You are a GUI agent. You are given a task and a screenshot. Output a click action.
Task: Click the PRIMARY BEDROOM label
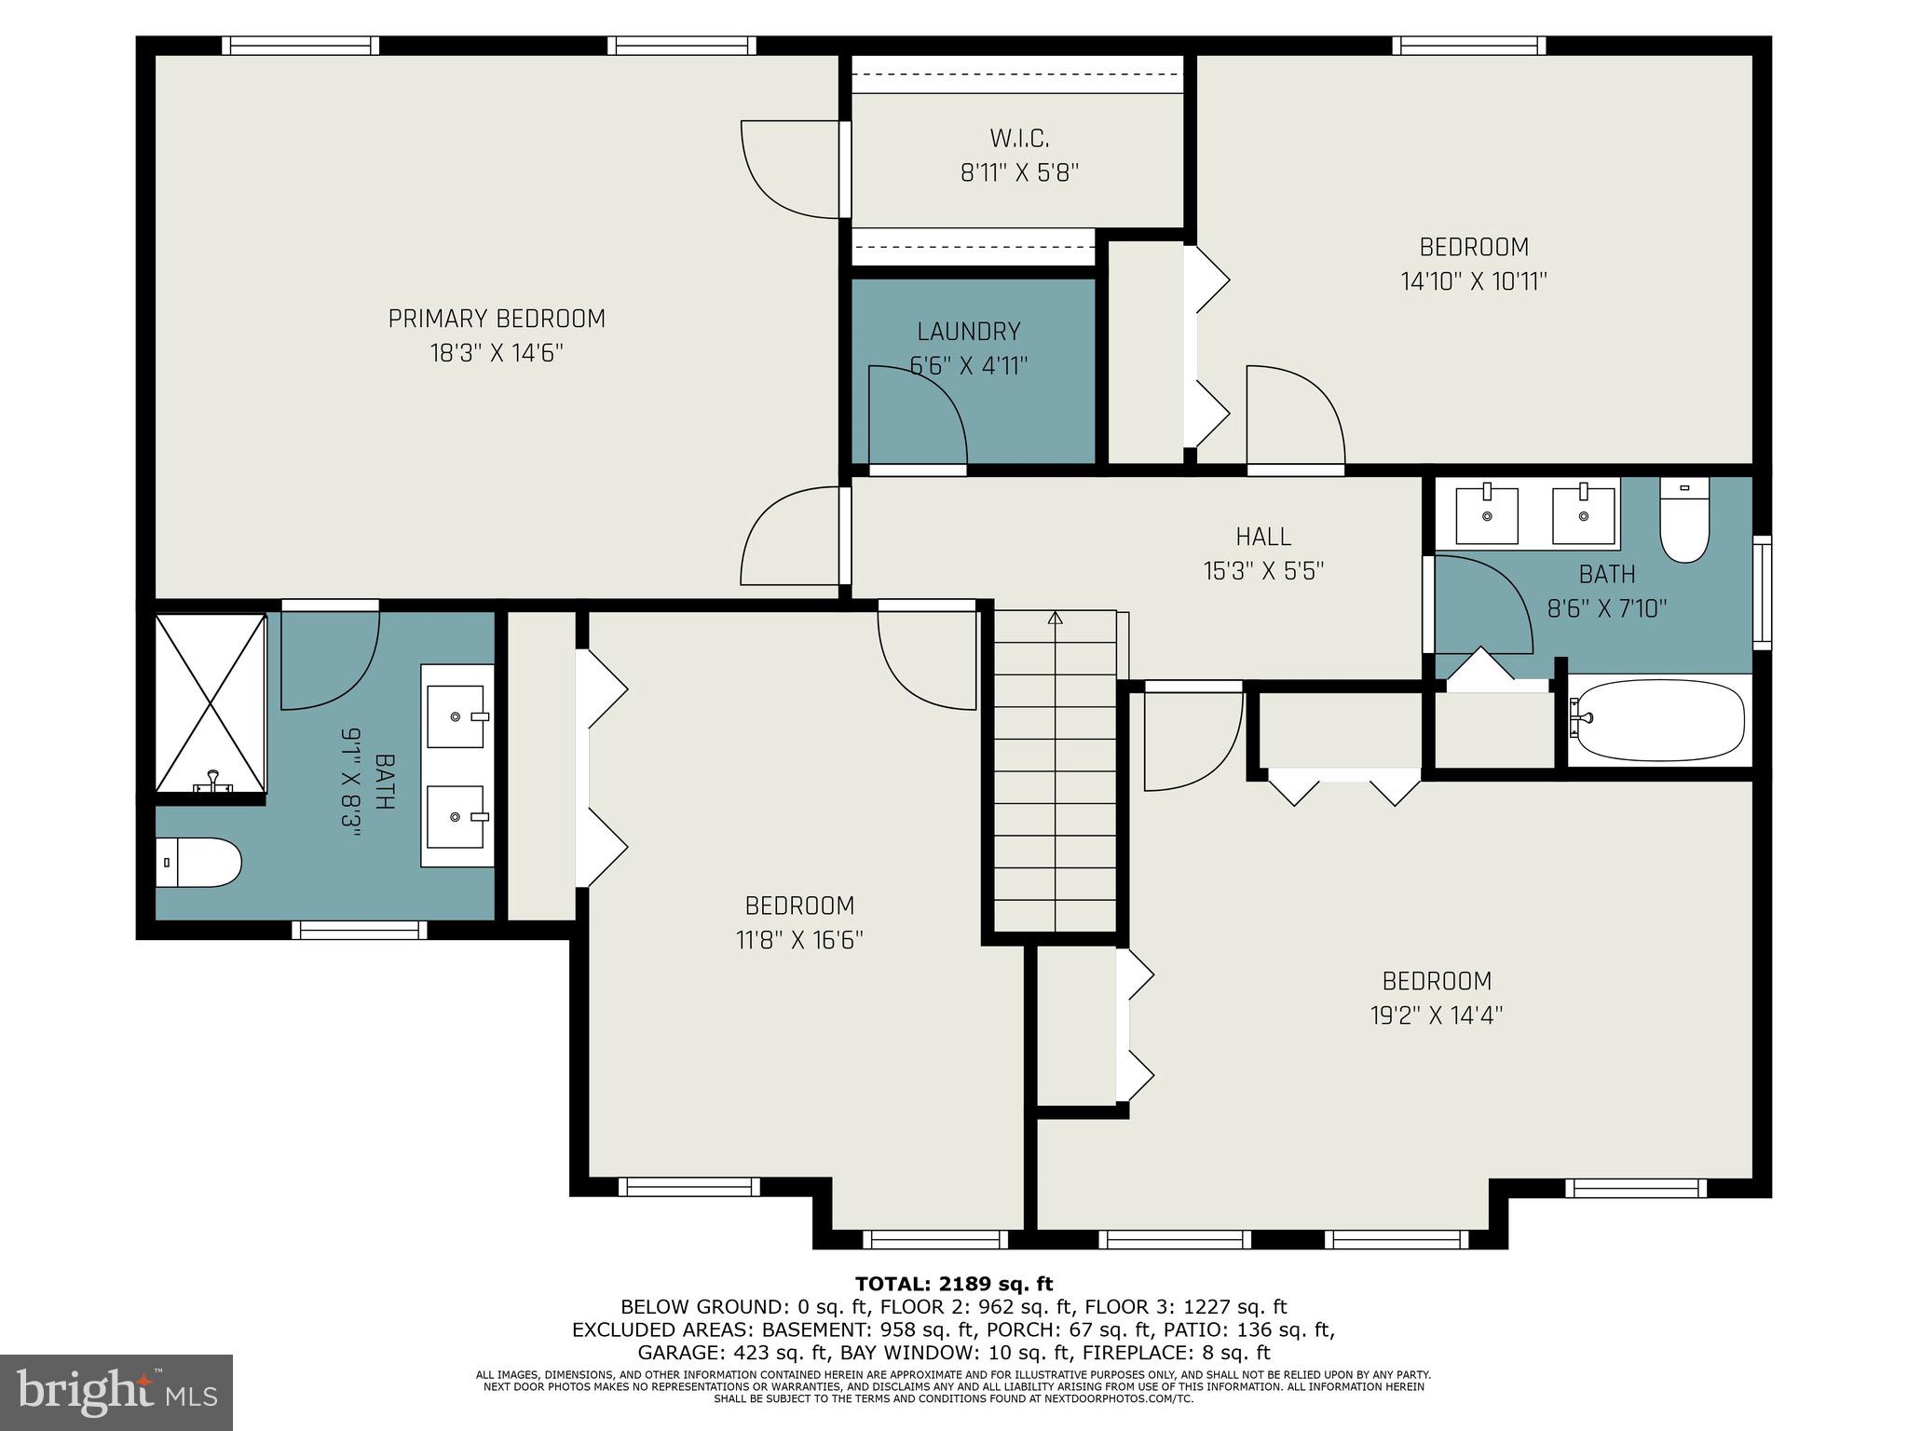click(x=497, y=319)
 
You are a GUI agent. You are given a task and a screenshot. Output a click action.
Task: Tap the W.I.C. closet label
click(x=1019, y=139)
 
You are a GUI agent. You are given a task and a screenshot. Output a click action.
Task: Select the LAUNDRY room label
click(x=969, y=332)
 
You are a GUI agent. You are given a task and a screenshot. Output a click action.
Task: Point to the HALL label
click(x=1263, y=537)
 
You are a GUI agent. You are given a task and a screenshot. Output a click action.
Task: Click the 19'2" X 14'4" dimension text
click(x=1437, y=1015)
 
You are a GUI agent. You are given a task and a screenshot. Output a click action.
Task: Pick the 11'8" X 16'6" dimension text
click(x=799, y=940)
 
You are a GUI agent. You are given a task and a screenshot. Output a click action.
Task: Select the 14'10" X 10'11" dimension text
click(x=1474, y=281)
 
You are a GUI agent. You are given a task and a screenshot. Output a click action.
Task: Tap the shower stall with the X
click(x=211, y=703)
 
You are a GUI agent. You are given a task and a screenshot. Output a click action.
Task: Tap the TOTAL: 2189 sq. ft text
click(x=954, y=1284)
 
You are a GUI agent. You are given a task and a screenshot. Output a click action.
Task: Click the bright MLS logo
click(x=116, y=1393)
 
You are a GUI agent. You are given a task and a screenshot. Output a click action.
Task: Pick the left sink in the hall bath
click(x=1486, y=515)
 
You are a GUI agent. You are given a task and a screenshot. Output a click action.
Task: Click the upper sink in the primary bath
click(x=457, y=716)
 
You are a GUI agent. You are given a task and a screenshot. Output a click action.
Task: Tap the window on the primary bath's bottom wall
click(x=359, y=930)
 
